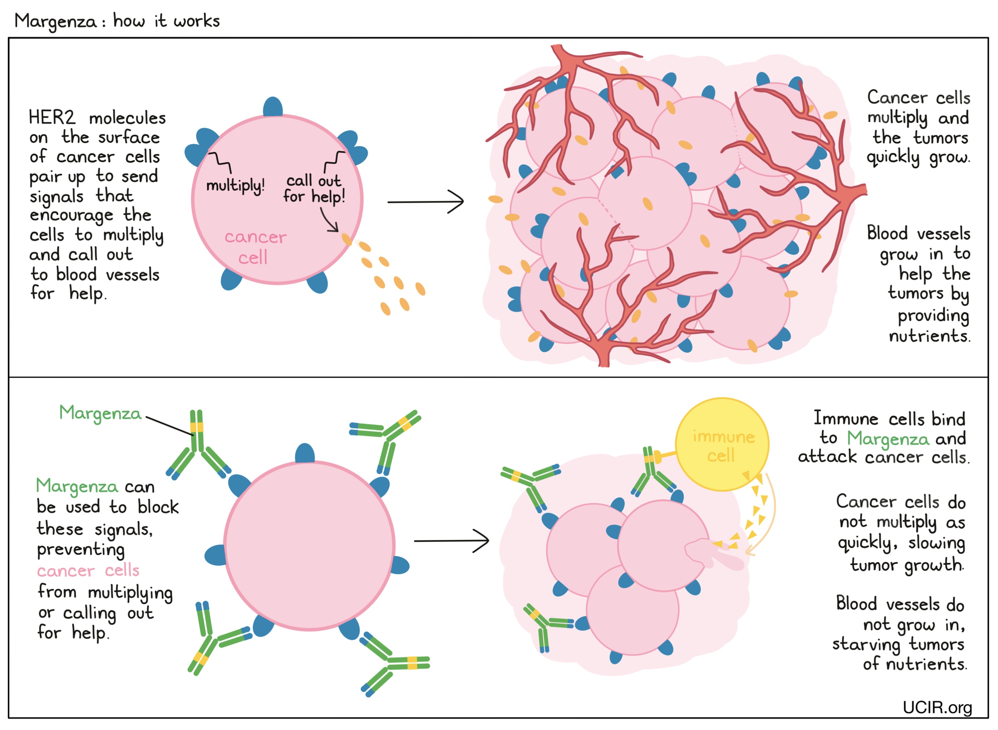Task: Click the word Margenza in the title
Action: click(55, 21)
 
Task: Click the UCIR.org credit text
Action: click(937, 707)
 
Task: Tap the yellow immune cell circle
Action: click(721, 444)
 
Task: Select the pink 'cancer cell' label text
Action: click(255, 247)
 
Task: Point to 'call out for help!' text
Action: click(314, 188)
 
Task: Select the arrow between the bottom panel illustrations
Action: click(451, 540)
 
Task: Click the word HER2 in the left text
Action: click(52, 117)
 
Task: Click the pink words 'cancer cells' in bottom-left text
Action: click(88, 571)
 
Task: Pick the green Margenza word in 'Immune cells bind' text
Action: click(887, 439)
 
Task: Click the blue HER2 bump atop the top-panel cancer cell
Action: click(273, 107)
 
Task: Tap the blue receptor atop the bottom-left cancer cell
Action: click(304, 453)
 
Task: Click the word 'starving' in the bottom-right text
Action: click(866, 645)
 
